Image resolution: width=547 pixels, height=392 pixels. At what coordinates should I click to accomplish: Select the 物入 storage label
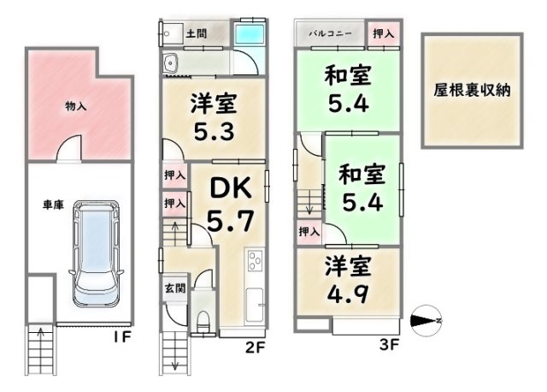point(77,106)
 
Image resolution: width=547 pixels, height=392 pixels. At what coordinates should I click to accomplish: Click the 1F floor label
point(121,336)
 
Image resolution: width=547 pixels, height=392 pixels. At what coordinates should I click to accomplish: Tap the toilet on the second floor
point(203,318)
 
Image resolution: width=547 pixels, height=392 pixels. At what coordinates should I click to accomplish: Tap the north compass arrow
point(424,321)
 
